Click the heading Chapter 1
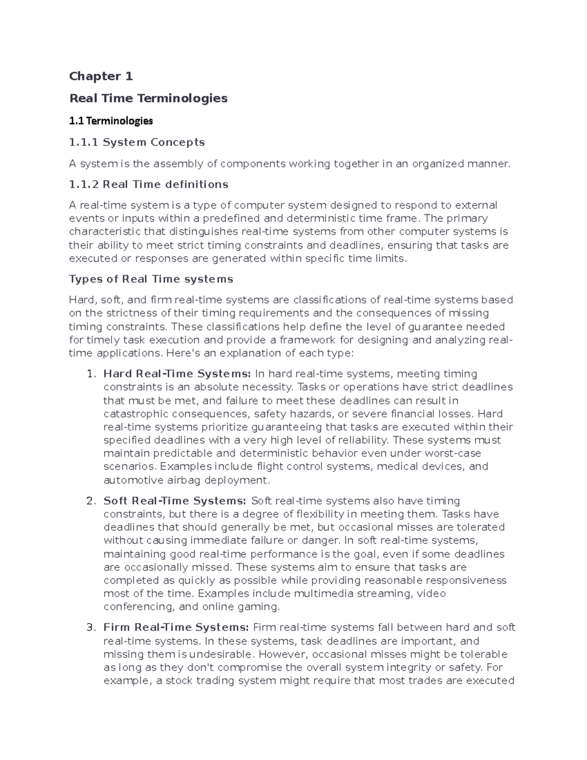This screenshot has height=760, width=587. pyautogui.click(x=101, y=76)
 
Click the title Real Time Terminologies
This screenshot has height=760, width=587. pyautogui.click(x=148, y=98)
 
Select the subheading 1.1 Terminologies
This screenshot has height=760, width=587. pyautogui.click(x=111, y=120)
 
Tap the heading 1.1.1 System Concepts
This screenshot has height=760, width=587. pyautogui.click(x=137, y=142)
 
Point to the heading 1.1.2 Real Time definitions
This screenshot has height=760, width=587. pyautogui.click(x=149, y=184)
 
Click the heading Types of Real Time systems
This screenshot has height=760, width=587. pyautogui.click(x=151, y=279)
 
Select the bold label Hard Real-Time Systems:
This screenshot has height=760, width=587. pyautogui.click(x=177, y=374)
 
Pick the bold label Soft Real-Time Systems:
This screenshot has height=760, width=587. pyautogui.click(x=175, y=501)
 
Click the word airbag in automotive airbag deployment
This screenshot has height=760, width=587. pyautogui.click(x=181, y=480)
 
